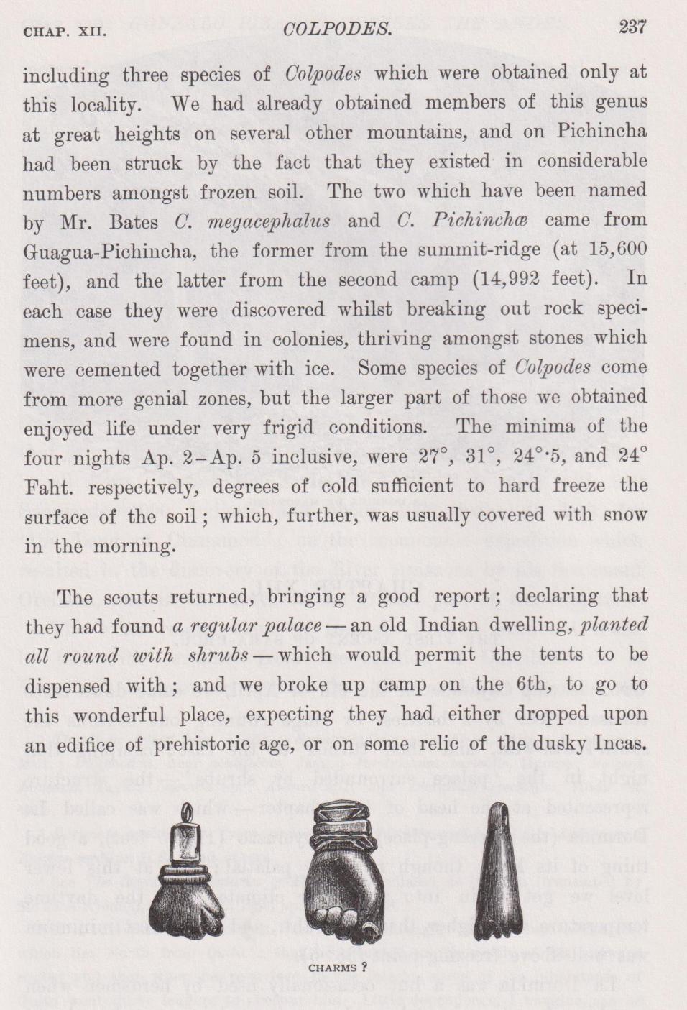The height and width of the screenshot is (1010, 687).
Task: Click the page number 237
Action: coord(632,27)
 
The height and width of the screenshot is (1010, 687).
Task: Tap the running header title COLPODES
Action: coord(338,29)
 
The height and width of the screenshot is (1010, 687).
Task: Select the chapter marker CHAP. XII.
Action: coord(65,32)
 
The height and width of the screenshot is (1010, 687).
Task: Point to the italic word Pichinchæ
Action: coord(479,221)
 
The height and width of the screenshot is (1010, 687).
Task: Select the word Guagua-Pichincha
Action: coord(109,252)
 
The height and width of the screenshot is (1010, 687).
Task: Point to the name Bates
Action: coord(134,221)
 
